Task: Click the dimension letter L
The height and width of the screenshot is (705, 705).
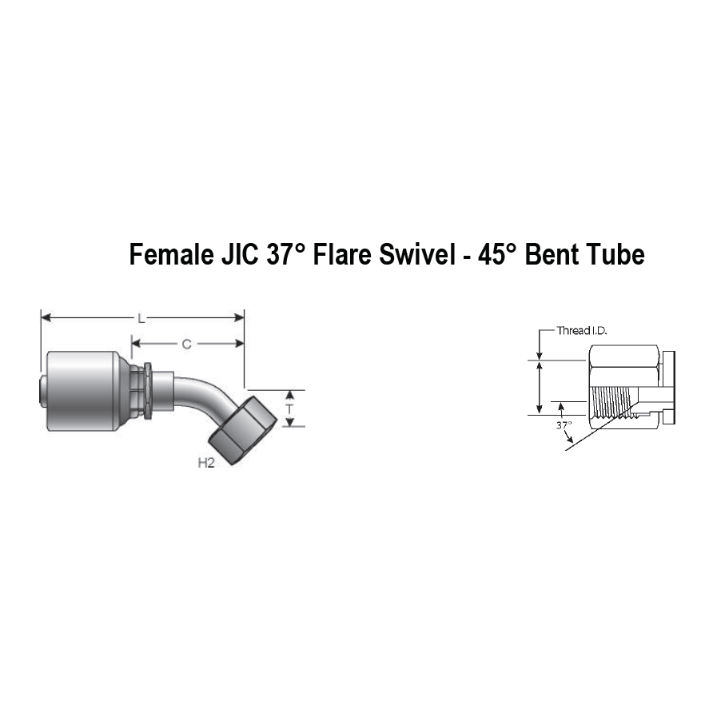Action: pos(141,318)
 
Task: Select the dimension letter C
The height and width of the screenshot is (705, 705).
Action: pos(186,345)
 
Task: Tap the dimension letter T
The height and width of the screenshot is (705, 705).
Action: pos(290,408)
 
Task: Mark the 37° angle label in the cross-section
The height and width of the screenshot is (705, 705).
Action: pos(564,425)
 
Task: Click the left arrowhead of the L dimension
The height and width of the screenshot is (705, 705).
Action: pos(45,318)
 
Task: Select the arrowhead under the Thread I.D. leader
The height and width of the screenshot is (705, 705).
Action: pos(540,354)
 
